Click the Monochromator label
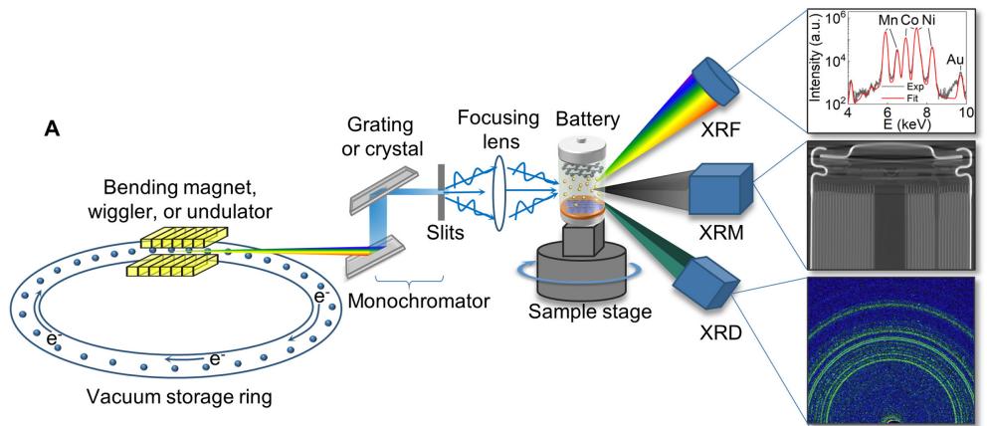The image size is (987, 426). pyautogui.click(x=421, y=299)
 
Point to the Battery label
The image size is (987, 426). pyautogui.click(x=595, y=117)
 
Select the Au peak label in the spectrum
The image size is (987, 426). pyautogui.click(x=955, y=61)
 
